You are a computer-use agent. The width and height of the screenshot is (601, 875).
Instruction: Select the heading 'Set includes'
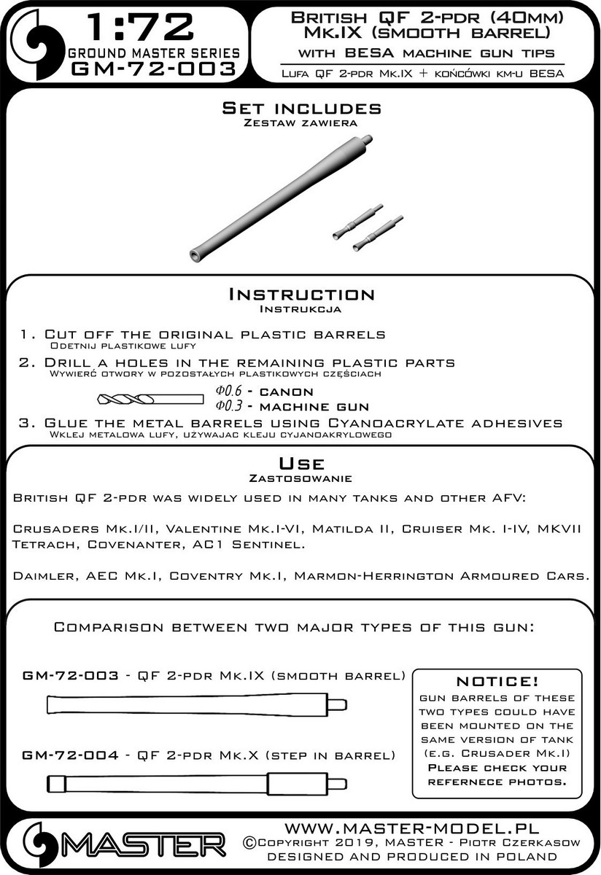coord(301,109)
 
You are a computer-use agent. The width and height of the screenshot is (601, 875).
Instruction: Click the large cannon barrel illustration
coord(281,195)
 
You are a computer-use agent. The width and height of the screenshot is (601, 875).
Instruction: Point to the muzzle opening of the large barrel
coord(195,254)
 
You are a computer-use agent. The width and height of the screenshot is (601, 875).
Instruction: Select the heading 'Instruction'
coord(301,295)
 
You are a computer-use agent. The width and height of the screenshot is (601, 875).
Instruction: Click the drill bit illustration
coord(149,398)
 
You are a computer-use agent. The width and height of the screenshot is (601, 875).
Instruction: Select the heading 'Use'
coord(301,464)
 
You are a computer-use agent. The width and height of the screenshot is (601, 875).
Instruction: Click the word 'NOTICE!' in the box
coord(497,681)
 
